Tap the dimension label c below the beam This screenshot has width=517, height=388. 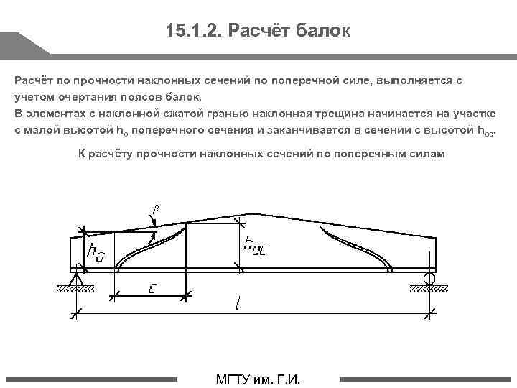click(x=152, y=288)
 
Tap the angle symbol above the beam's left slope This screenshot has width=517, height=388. click(x=155, y=211)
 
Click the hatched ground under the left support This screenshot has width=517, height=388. click(x=76, y=289)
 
